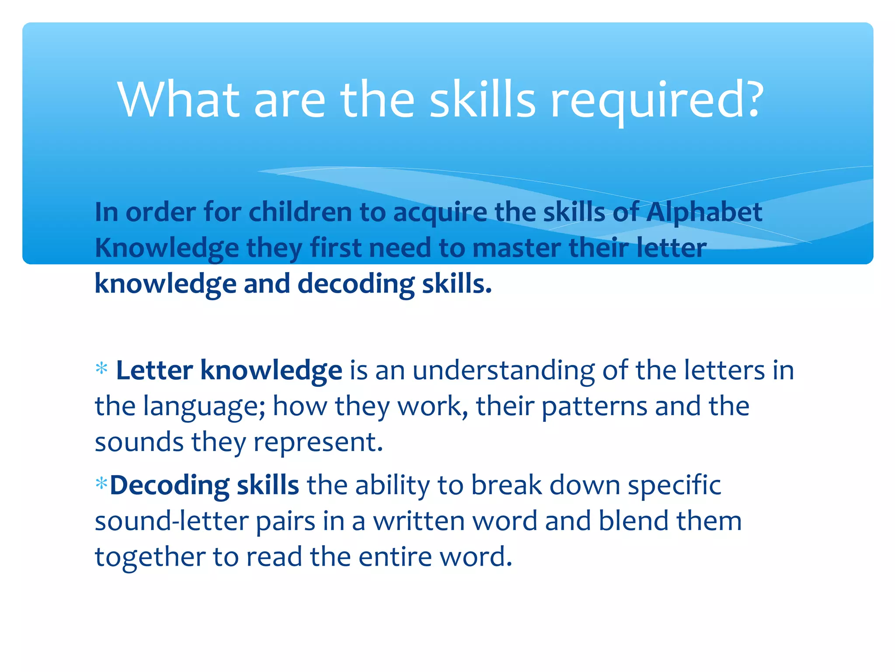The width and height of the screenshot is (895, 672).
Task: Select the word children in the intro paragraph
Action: (300, 213)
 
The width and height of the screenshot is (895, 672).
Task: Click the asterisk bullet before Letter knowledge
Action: (101, 369)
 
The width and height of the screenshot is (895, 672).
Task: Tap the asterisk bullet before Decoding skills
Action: (101, 484)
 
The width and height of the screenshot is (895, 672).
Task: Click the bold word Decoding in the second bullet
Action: (170, 486)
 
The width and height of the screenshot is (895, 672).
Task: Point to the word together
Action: (150, 557)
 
